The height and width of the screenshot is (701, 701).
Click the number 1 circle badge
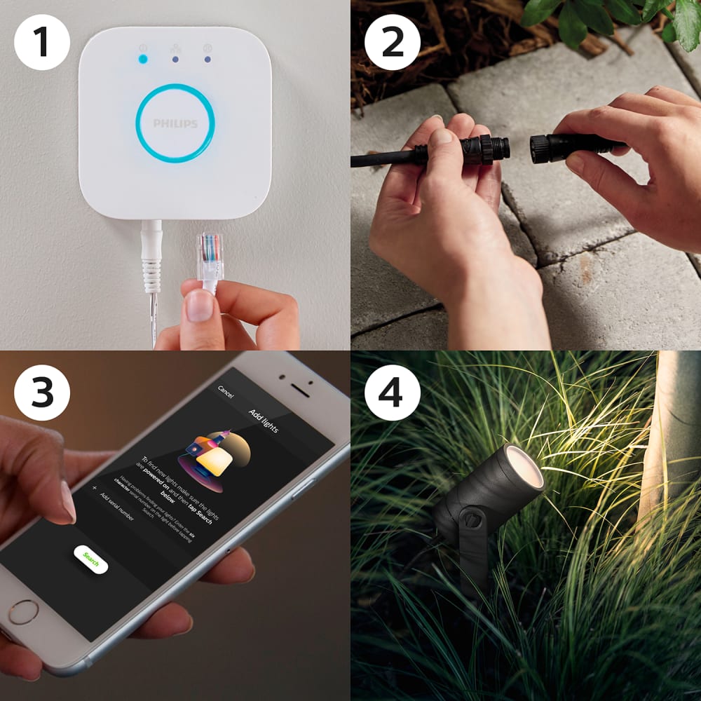pyautogui.click(x=42, y=42)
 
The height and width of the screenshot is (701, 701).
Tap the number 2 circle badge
pyautogui.click(x=393, y=42)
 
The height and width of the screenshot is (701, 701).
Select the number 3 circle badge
pyautogui.click(x=42, y=393)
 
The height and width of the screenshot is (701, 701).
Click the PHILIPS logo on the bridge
pyautogui.click(x=175, y=124)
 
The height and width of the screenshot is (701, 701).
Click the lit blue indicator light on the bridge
pyautogui.click(x=143, y=59)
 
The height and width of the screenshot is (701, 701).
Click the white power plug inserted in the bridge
pyautogui.click(x=151, y=245)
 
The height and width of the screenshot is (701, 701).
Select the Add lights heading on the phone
pyautogui.click(x=264, y=419)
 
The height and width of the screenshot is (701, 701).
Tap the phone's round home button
pyautogui.click(x=23, y=612)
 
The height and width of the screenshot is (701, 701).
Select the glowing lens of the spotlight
pyautogui.click(x=526, y=466)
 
